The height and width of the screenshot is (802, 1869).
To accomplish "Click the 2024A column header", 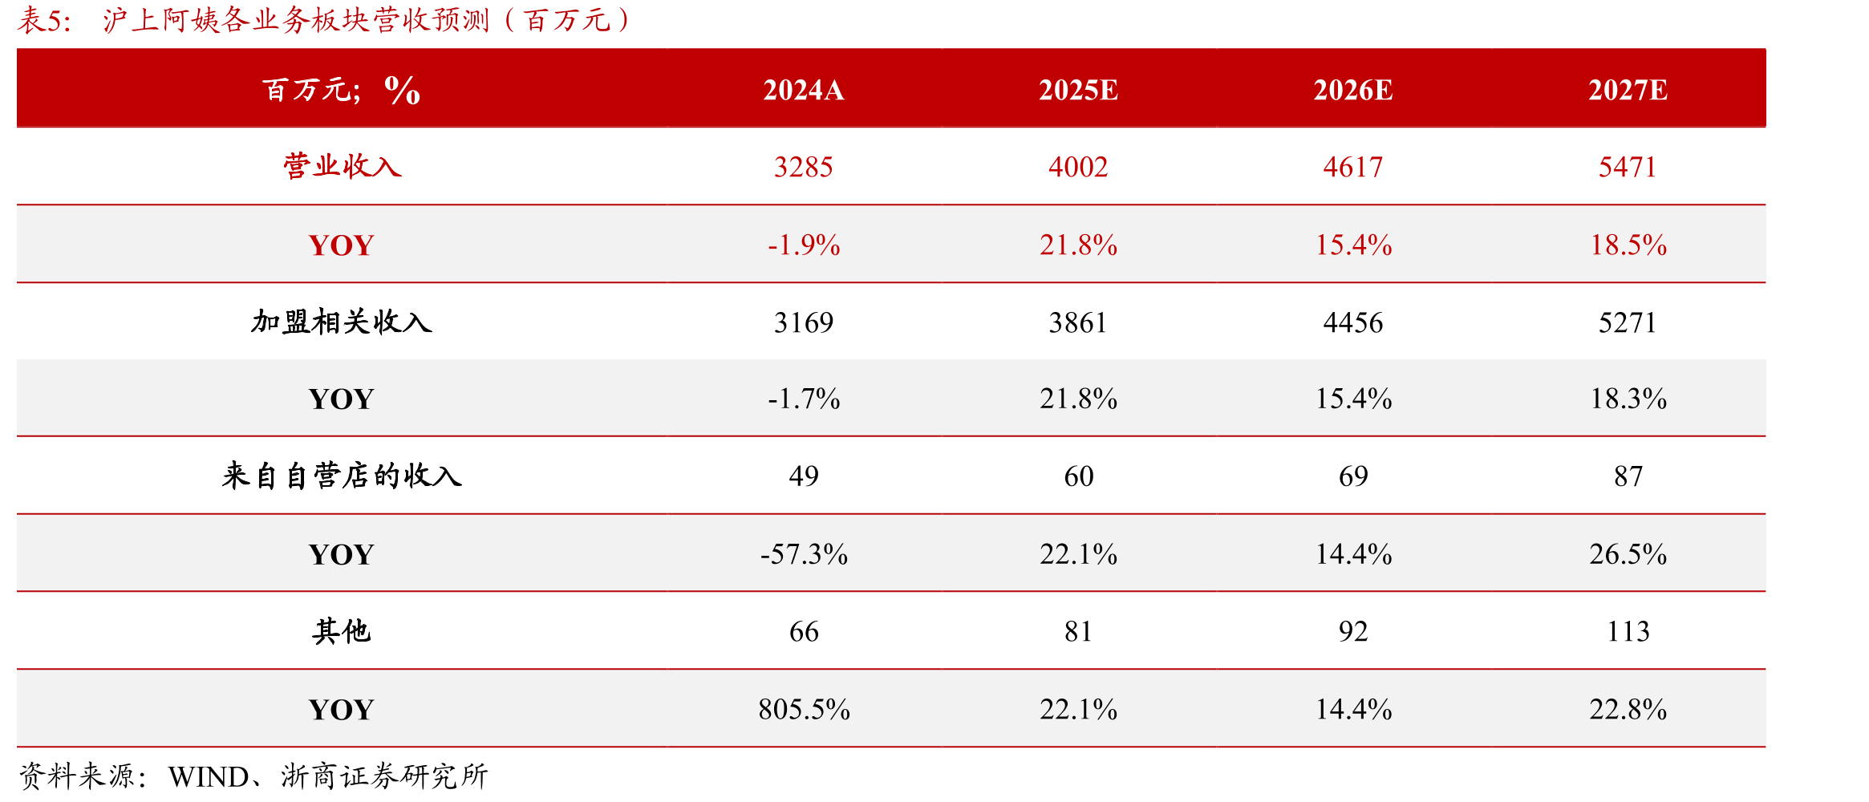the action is [803, 90].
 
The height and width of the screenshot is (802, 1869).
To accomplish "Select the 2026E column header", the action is [1352, 90].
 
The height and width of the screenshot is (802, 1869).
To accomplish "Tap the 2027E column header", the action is [1628, 90].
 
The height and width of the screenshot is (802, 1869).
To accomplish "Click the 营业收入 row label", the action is [342, 166].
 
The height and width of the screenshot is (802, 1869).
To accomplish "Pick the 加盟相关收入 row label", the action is [342, 322].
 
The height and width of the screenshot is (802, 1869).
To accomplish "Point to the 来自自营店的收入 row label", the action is [342, 476].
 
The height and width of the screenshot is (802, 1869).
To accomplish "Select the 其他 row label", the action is [342, 631].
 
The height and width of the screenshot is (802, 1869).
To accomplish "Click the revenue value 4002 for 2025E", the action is [1078, 167].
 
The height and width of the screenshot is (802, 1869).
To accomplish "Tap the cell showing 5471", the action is [1628, 167].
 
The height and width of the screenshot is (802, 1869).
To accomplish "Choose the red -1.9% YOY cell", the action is [804, 245].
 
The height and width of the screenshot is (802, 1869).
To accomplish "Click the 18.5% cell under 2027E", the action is [1628, 245].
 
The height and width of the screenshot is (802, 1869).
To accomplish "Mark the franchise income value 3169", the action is [804, 322].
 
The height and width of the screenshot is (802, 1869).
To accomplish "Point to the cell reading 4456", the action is [1353, 322].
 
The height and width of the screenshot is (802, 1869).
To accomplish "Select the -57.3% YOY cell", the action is [804, 554].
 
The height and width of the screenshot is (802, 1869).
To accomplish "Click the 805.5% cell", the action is [804, 709].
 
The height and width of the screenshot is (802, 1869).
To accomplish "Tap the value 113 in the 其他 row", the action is [1628, 631].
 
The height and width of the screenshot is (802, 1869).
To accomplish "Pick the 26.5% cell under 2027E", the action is [1628, 554].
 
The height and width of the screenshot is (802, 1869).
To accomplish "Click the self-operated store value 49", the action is [804, 476].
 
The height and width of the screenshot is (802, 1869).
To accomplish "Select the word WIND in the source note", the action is [209, 776].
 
